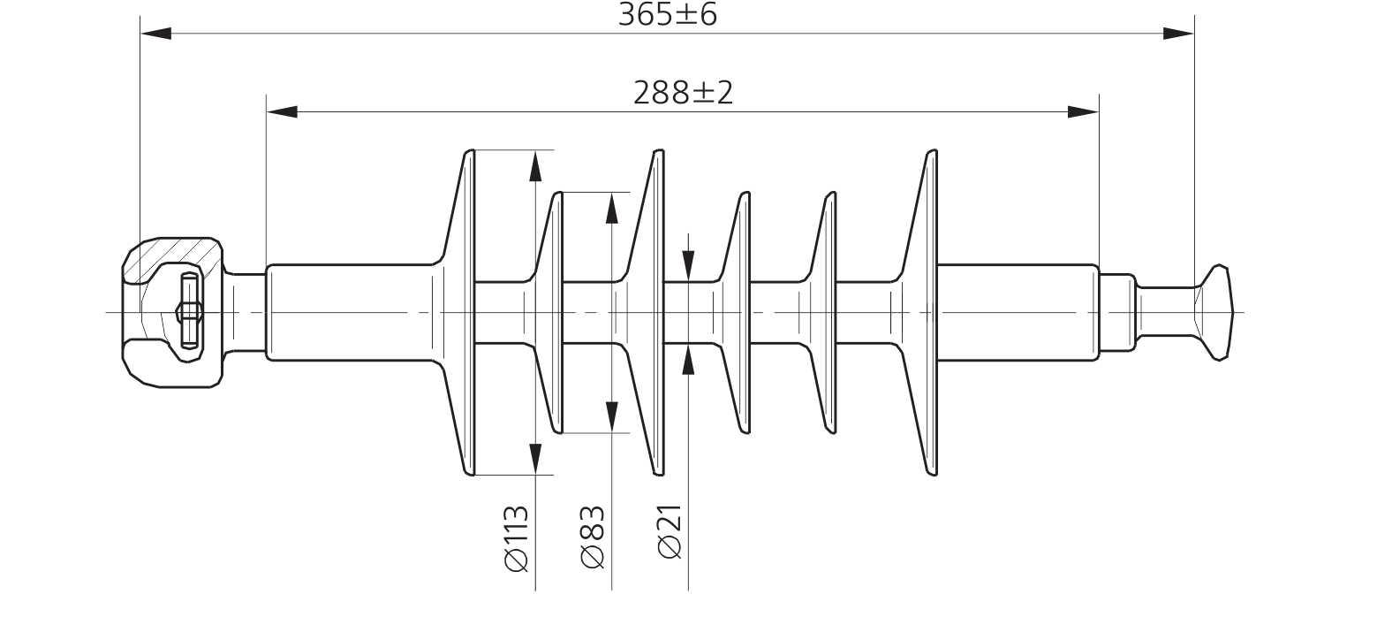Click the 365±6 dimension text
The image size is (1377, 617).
[x=667, y=14]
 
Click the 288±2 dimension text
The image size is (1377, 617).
[x=683, y=93]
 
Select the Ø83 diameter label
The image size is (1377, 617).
[x=593, y=537]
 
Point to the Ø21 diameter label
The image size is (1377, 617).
[x=670, y=532]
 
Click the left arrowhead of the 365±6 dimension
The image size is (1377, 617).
[x=155, y=34]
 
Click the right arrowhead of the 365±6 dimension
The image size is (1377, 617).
[x=1178, y=34]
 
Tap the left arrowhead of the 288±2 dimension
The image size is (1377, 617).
[x=282, y=112]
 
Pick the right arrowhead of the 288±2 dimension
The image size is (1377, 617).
[x=1083, y=112]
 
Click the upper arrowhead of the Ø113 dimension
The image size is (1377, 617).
[x=535, y=166]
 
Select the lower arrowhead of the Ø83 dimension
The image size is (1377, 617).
[x=612, y=416]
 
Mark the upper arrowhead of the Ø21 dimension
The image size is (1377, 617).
[x=689, y=266]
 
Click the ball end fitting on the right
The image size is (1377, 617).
[x=1214, y=313]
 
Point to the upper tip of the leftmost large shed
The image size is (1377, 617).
[x=470, y=150]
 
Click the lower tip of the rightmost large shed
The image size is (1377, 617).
[x=932, y=475]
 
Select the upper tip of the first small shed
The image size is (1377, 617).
[x=557, y=194]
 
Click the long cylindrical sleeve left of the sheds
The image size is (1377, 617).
[x=351, y=313]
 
